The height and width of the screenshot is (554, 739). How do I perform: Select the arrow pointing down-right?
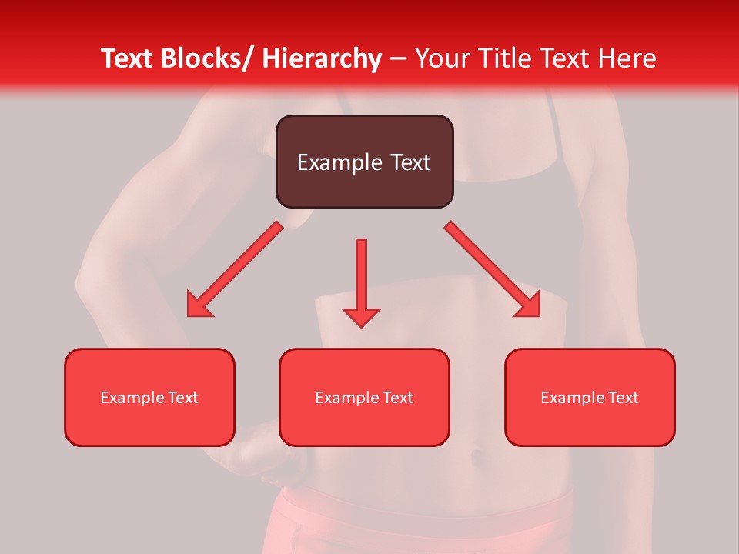click(492, 269)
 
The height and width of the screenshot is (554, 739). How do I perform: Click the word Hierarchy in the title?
click(322, 58)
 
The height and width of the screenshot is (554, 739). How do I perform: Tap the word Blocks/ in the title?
click(204, 58)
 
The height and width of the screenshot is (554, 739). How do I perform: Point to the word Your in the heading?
click(440, 58)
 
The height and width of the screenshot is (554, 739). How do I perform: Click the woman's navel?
click(477, 456)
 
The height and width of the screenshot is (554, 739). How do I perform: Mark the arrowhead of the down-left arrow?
click(199, 306)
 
